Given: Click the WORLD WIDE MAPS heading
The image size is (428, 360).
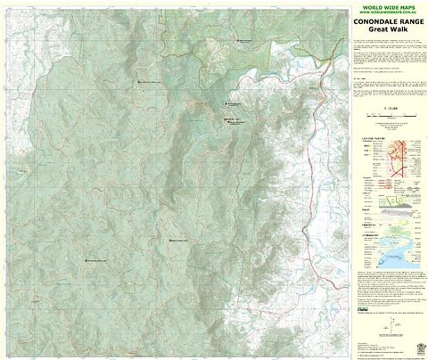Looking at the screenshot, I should (x=389, y=7).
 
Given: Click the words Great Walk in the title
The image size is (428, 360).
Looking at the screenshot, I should (x=389, y=34).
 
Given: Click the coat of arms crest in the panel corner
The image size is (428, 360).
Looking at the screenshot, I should (x=420, y=349).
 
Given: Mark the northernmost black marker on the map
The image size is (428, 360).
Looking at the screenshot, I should (x=238, y=40).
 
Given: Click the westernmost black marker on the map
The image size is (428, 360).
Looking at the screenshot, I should (x=86, y=260).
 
